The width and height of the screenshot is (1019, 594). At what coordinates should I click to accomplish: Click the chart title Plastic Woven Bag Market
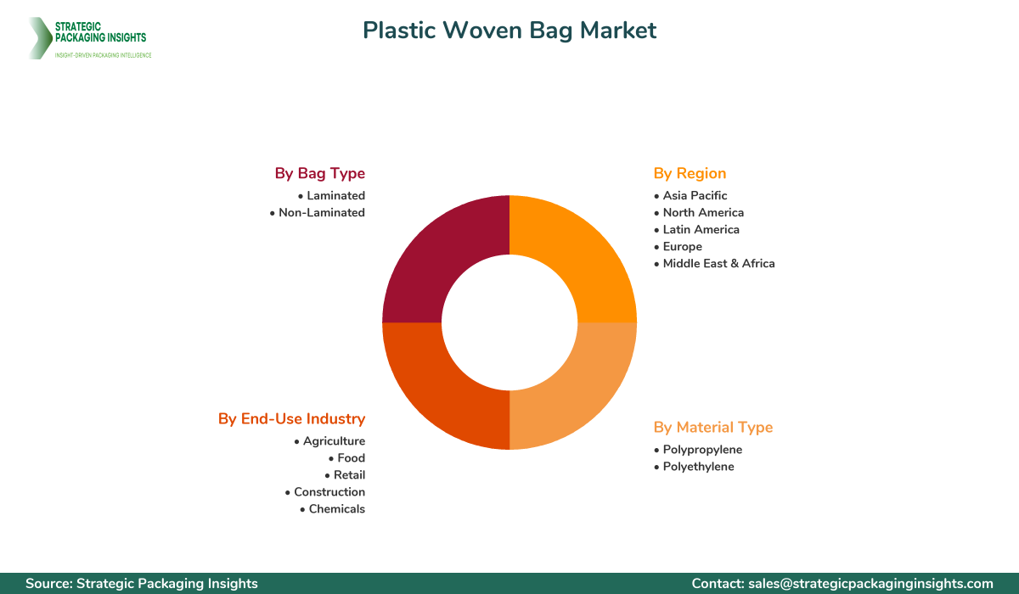click(x=509, y=31)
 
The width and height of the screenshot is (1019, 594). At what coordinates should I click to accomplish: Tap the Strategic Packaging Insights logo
click(x=88, y=38)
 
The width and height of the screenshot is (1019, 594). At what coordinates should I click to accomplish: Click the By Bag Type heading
click(x=319, y=173)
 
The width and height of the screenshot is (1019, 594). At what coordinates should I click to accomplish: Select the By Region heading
click(x=690, y=173)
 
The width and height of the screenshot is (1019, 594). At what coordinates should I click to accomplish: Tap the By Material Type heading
click(x=713, y=427)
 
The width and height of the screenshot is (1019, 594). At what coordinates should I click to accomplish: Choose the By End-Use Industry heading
click(x=291, y=418)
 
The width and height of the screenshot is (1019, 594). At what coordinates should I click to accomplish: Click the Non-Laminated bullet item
click(x=321, y=213)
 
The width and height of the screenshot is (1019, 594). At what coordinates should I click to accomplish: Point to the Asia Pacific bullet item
click(x=695, y=196)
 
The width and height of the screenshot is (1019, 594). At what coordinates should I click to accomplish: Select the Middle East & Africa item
click(x=718, y=264)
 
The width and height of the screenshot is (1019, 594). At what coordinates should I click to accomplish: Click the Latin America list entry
click(x=701, y=230)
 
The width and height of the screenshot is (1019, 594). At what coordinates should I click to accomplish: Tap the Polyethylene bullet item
click(x=698, y=467)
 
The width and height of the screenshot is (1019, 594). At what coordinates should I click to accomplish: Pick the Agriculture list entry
click(x=334, y=441)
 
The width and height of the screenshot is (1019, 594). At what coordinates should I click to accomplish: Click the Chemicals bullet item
click(x=336, y=509)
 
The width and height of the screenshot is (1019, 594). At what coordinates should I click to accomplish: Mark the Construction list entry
click(x=329, y=492)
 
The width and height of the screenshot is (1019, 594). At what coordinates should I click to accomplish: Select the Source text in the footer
click(x=142, y=584)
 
